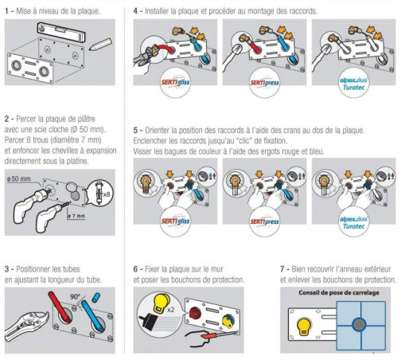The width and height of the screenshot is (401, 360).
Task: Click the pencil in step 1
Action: (101, 45)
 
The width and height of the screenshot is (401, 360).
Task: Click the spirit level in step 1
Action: (61, 32)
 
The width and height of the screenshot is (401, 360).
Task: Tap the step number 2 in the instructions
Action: (7, 119)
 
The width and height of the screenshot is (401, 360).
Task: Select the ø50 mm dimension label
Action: (18, 179)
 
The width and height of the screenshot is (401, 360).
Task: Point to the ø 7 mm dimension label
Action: (76, 216)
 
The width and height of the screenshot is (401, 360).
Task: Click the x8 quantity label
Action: (107, 194)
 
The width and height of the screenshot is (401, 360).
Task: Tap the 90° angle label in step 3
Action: (76, 296)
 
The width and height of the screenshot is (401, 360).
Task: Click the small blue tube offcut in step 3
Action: (96, 296)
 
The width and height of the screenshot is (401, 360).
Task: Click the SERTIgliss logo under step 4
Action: (175, 83)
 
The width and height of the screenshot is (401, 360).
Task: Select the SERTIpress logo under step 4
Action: (264, 83)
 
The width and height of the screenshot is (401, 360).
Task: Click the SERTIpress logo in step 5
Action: (264, 221)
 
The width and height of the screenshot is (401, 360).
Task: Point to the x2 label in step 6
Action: (171, 310)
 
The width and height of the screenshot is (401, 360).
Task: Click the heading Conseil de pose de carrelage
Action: (339, 293)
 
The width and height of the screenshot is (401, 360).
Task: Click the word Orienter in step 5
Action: (157, 131)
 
